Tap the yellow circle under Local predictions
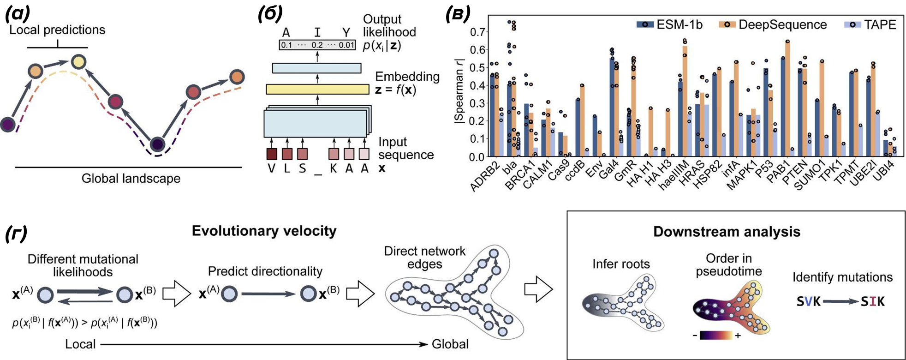point(79,62)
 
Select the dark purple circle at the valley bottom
point(157,144)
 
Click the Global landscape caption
point(131,179)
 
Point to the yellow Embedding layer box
point(317,90)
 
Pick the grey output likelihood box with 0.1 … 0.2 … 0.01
point(317,45)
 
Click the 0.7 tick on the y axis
point(477,32)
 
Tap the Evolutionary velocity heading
point(264,231)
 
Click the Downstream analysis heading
point(727,232)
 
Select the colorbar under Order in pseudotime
point(716,336)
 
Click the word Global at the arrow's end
point(450,344)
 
